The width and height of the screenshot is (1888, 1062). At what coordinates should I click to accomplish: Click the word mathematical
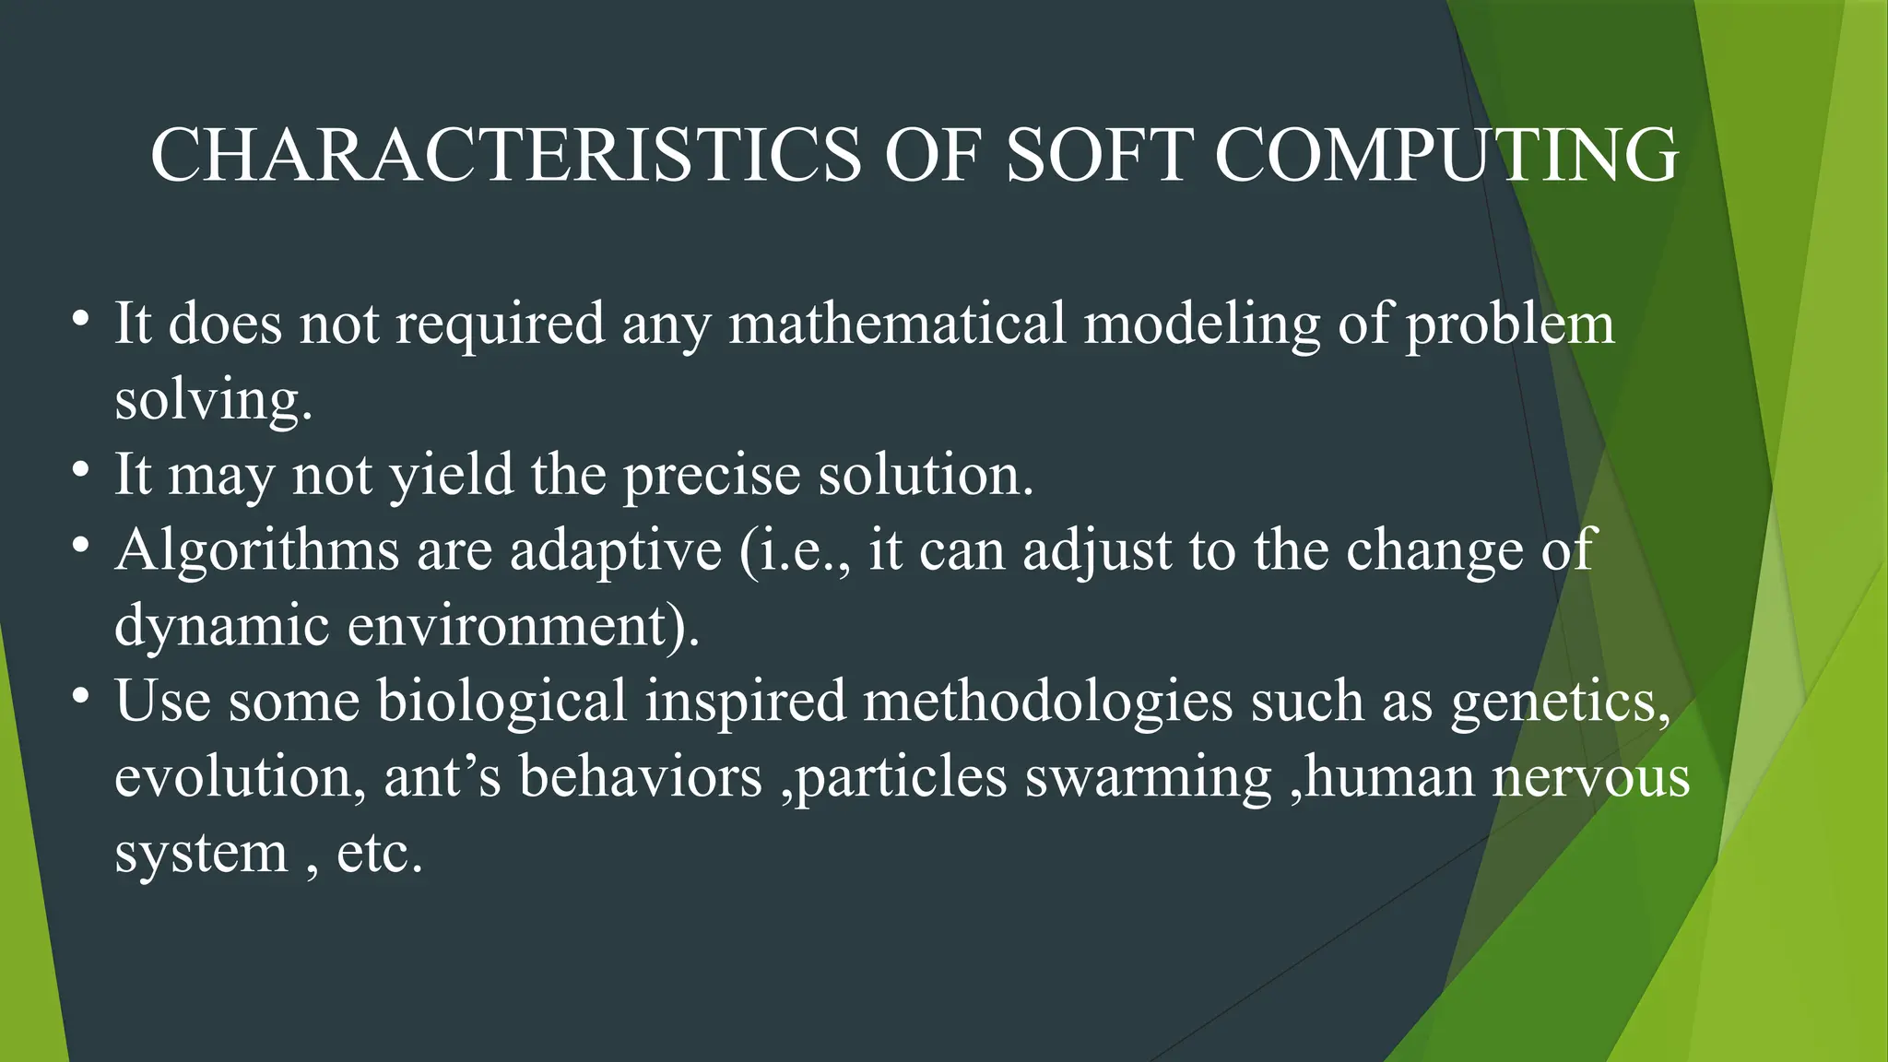click(x=896, y=324)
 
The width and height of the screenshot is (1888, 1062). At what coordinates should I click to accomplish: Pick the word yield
click(x=451, y=477)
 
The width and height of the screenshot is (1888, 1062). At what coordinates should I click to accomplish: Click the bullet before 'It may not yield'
click(x=81, y=469)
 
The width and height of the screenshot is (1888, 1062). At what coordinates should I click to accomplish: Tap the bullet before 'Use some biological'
click(x=81, y=696)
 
